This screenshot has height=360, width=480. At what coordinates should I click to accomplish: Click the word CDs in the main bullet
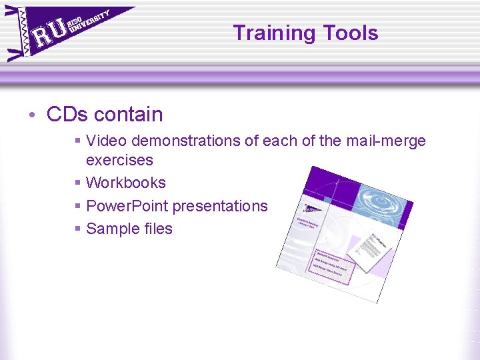coord(67,114)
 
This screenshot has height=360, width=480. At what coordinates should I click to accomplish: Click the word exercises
coord(119,160)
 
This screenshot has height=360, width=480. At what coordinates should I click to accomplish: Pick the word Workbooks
coord(126,183)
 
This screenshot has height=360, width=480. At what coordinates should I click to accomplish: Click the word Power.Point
coord(127,206)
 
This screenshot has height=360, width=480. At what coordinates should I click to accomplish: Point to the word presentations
coord(220,206)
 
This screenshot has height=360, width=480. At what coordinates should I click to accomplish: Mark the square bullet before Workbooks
coord(78,183)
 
